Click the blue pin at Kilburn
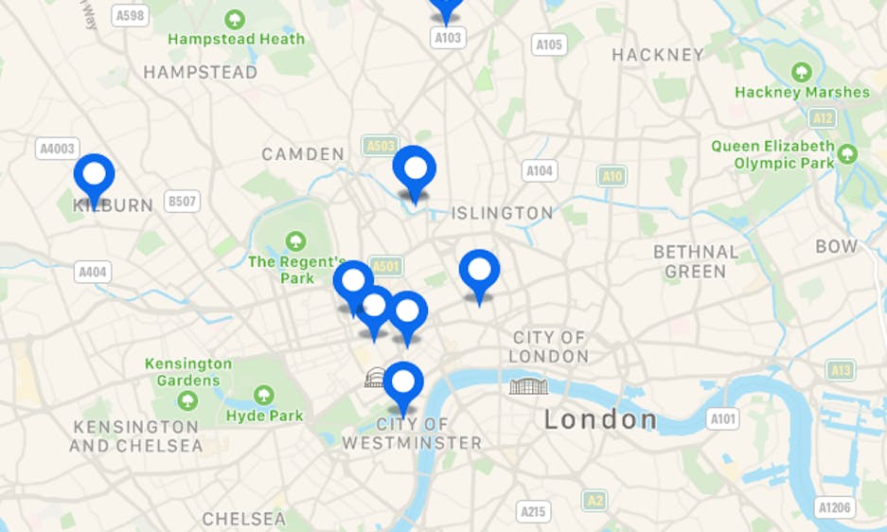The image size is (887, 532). [x=94, y=175]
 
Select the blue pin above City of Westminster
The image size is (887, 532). [x=403, y=383]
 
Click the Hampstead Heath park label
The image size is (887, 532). [x=237, y=39]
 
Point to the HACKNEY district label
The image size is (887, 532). [x=658, y=55]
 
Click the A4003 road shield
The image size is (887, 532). [x=57, y=149]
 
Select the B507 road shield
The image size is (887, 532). [x=182, y=201]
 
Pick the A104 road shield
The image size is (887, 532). [x=540, y=170]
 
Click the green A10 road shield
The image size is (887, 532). [x=612, y=176]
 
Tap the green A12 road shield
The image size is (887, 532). [x=823, y=117]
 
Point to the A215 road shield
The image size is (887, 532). [x=534, y=512]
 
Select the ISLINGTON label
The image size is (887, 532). [x=502, y=213]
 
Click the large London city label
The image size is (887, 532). [x=600, y=419]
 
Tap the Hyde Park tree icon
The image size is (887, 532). [x=264, y=394]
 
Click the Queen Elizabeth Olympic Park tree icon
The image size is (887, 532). [x=847, y=153]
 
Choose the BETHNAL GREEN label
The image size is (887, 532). [x=696, y=261]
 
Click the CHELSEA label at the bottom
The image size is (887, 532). [x=243, y=519]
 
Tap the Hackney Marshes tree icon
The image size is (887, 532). [x=801, y=72]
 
